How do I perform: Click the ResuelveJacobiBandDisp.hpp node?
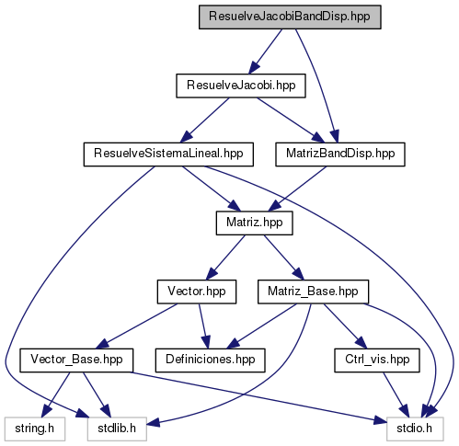click(x=290, y=17)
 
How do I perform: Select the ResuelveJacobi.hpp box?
click(x=241, y=86)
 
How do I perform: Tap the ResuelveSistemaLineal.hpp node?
click(x=168, y=154)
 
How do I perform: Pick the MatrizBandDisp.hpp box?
click(x=340, y=154)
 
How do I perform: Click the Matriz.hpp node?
click(x=255, y=223)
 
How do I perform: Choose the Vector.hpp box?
click(x=197, y=292)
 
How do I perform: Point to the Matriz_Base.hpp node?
click(x=313, y=292)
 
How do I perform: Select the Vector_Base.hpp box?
click(x=76, y=360)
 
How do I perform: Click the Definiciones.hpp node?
click(x=211, y=360)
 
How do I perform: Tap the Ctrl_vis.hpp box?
click(x=377, y=360)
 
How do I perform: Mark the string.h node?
click(x=35, y=429)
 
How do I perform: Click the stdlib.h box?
click(x=117, y=429)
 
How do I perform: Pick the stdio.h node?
click(x=415, y=429)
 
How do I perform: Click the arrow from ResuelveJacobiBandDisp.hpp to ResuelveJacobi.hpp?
click(x=266, y=51)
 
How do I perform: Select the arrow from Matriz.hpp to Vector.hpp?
click(x=225, y=257)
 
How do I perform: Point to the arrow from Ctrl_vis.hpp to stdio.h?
click(x=396, y=395)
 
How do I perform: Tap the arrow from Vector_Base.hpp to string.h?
click(x=56, y=395)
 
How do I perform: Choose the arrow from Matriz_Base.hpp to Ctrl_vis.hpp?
click(x=345, y=326)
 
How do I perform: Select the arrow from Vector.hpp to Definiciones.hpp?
click(x=204, y=326)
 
